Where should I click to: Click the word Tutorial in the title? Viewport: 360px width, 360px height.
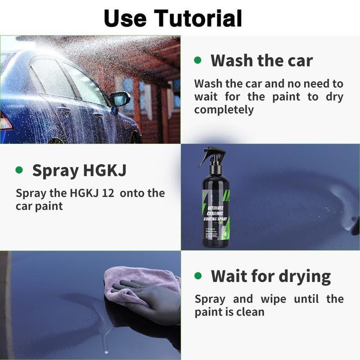pos(198,18)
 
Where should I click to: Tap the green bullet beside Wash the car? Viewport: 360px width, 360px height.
pos(198,60)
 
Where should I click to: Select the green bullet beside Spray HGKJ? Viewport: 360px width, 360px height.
pos(19,170)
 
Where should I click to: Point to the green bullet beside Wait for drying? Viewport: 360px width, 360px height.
pos(198,275)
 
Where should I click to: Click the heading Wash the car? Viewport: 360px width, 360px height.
pos(261,60)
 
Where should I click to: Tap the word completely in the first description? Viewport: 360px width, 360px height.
pos(224,109)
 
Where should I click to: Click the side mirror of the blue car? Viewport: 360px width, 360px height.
pos(120,99)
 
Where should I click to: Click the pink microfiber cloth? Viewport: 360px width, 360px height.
pos(135,281)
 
